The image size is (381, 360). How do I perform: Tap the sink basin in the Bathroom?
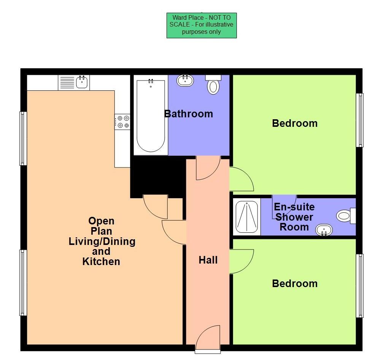[x=185, y=80]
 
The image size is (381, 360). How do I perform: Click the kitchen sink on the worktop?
[x=83, y=82]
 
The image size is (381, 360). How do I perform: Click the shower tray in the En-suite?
[x=246, y=217]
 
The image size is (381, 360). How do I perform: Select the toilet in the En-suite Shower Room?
[x=345, y=216]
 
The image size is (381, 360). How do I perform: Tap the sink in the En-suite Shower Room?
[x=324, y=229]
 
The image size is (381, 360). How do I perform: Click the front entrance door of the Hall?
[x=208, y=337]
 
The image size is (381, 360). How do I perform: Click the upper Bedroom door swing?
[x=241, y=179]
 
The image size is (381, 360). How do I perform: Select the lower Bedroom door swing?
[x=241, y=261]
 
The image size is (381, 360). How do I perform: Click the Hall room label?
[x=208, y=260]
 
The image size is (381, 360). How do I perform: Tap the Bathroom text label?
[x=189, y=114]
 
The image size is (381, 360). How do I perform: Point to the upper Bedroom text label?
[x=295, y=123]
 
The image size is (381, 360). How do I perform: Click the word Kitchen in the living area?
[x=101, y=261]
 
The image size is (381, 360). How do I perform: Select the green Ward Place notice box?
[x=202, y=25]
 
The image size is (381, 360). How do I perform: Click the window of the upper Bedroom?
[x=360, y=120]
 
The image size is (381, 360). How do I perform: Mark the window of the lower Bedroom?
[x=360, y=286]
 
